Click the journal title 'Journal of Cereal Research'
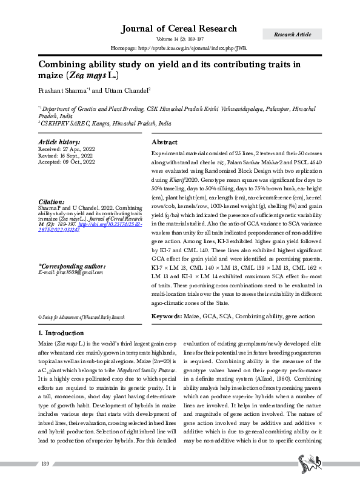tap(179, 28)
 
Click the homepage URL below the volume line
tap(179, 47)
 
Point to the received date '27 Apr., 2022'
tap(79, 149)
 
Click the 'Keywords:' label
tap(166, 316)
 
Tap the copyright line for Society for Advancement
tap(81, 317)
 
